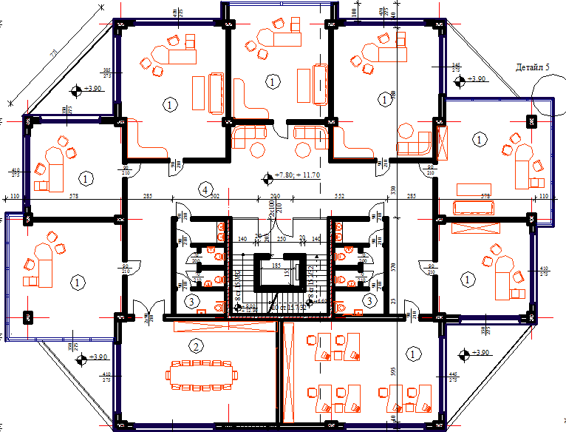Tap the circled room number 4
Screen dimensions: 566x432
click(204, 189)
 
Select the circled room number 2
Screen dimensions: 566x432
click(196, 345)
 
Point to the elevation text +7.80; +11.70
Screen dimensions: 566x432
click(297, 175)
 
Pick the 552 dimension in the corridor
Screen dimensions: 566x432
click(340, 198)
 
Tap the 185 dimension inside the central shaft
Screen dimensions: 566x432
click(276, 264)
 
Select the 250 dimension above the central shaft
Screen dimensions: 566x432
click(281, 240)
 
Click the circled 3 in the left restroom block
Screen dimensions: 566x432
click(191, 300)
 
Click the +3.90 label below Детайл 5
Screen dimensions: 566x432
click(477, 78)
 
